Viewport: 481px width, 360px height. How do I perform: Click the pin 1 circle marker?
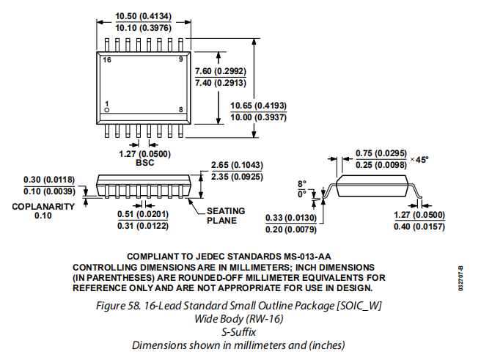(107, 110)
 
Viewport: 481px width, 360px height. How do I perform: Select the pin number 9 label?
(181, 59)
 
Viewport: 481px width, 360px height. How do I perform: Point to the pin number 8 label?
(181, 110)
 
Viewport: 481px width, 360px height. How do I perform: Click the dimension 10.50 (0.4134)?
(144, 15)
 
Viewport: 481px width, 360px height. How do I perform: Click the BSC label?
(144, 163)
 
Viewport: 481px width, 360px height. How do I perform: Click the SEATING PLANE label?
(226, 216)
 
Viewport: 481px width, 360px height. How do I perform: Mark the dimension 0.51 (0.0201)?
(144, 214)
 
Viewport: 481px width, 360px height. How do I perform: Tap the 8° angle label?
(301, 184)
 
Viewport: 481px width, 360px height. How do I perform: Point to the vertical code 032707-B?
(460, 279)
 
